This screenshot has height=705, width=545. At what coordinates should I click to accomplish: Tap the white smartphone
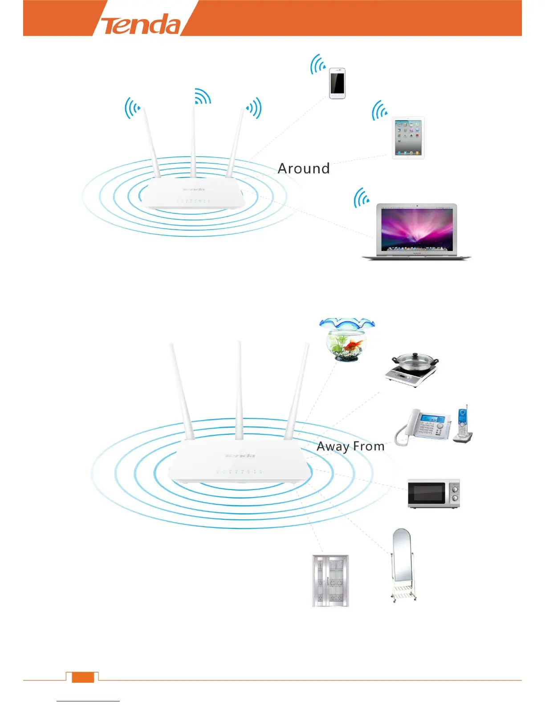[337, 83]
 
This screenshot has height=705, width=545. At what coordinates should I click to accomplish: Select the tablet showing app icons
[408, 138]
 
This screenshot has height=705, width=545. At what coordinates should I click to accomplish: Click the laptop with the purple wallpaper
[416, 231]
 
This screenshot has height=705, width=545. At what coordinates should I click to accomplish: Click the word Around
[304, 169]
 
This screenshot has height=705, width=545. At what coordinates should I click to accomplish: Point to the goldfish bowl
[347, 340]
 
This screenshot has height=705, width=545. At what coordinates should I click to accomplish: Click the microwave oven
[433, 494]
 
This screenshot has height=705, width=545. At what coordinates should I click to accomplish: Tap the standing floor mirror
[402, 563]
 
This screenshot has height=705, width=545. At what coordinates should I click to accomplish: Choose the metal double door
[330, 581]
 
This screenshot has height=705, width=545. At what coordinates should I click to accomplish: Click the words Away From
[350, 446]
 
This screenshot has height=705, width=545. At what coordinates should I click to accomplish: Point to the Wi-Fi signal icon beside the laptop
[361, 198]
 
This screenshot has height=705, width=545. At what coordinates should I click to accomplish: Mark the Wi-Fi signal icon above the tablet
[379, 111]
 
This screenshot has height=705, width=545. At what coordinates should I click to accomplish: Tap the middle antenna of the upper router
[194, 138]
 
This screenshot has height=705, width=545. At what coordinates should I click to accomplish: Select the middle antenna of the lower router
[240, 387]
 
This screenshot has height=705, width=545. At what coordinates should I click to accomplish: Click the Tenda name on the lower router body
[240, 456]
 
